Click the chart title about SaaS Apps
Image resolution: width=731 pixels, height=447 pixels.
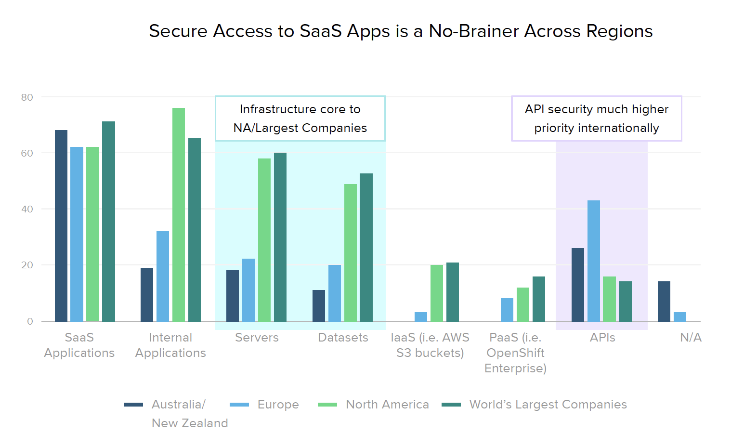click(401, 31)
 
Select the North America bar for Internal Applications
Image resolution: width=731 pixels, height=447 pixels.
click(179, 214)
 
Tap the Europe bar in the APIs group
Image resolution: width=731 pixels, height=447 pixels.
click(594, 261)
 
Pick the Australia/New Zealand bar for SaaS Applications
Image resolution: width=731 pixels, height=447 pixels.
click(61, 225)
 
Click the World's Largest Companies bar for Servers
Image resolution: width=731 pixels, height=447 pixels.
click(280, 237)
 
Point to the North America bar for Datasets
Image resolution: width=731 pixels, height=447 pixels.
click(351, 252)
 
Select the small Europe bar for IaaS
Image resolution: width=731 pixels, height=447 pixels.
click(421, 316)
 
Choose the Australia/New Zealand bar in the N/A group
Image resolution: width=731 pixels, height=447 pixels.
click(664, 301)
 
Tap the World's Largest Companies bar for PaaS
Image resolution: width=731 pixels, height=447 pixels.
click(539, 299)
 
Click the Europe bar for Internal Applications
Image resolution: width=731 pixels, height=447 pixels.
click(163, 276)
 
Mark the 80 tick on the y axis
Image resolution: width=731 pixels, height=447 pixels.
click(27, 97)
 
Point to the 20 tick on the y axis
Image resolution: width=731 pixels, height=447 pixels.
click(27, 265)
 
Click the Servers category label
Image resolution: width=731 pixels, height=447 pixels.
click(257, 338)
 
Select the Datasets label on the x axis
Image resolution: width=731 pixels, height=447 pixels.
click(343, 338)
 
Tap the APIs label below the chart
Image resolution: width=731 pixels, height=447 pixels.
click(602, 338)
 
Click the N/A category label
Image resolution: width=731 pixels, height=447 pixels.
click(691, 338)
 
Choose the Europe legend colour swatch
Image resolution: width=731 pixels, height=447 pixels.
click(239, 405)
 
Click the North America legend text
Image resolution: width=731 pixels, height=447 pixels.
click(387, 405)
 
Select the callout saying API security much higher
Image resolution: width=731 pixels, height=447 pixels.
click(597, 118)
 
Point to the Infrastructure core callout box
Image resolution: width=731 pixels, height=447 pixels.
click(300, 118)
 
